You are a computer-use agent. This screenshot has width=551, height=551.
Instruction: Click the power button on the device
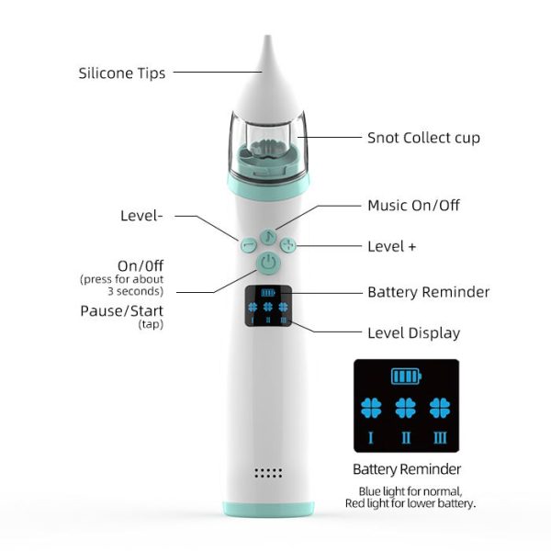pyautogui.click(x=268, y=263)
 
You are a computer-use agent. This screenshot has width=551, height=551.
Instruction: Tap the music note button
pyautogui.click(x=268, y=237)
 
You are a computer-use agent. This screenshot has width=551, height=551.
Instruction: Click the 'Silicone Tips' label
pyautogui.click(x=121, y=73)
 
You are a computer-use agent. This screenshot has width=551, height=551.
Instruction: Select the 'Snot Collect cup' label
pyautogui.click(x=423, y=138)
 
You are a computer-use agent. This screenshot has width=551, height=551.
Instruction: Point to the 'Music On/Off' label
pyautogui.click(x=413, y=205)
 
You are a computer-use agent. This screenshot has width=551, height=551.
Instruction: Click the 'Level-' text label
pyautogui.click(x=141, y=216)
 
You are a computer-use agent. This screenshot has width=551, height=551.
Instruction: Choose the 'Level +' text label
pyautogui.click(x=391, y=246)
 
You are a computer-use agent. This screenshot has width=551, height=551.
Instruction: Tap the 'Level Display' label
pyautogui.click(x=413, y=333)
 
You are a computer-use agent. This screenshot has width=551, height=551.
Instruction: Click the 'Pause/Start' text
pyautogui.click(x=121, y=311)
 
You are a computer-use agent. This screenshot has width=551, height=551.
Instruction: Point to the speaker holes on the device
pyautogui.click(x=268, y=473)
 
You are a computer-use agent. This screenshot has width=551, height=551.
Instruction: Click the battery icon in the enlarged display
pyautogui.click(x=406, y=377)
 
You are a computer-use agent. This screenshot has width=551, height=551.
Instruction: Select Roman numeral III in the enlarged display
pyautogui.click(x=440, y=438)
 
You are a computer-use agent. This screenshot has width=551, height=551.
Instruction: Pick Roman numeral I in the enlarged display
pyautogui.click(x=370, y=438)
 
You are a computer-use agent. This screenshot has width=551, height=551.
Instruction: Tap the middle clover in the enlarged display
pyautogui.click(x=406, y=408)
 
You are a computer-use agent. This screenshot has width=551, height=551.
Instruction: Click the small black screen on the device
pyautogui.click(x=268, y=306)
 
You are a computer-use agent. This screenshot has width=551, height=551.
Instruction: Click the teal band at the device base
pyautogui.click(x=268, y=509)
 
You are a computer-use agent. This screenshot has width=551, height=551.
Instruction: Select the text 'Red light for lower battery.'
pyautogui.click(x=410, y=503)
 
